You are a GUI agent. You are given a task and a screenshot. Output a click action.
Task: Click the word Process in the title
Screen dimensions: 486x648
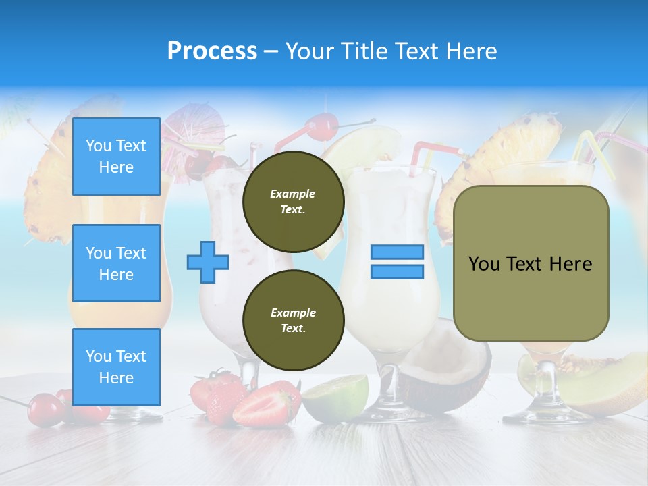click(x=212, y=51)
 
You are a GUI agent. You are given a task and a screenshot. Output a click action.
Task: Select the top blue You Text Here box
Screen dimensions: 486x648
click(x=116, y=157)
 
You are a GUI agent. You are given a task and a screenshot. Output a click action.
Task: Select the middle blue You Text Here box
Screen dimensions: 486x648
click(x=116, y=263)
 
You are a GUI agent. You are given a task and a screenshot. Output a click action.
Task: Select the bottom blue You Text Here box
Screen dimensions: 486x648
click(x=116, y=367)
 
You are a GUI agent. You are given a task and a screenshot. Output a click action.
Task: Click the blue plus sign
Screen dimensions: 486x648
click(x=208, y=262)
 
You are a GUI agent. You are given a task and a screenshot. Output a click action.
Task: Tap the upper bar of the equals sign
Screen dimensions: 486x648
click(x=397, y=252)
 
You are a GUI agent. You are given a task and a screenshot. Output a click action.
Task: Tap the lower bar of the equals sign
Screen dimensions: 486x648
click(x=397, y=271)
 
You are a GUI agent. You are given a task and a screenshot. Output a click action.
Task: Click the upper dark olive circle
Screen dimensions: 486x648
click(x=293, y=201)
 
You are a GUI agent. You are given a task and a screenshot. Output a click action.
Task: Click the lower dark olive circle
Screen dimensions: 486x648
click(x=293, y=320)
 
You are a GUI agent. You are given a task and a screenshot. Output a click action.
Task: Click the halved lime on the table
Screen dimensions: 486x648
click(x=335, y=398)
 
